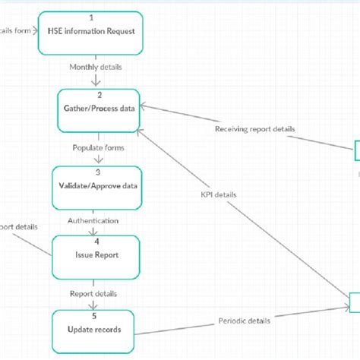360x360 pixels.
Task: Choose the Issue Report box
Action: [96, 256]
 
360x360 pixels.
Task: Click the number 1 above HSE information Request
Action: [90, 16]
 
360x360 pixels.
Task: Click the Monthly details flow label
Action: [96, 67]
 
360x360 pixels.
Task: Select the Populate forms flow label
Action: [98, 147]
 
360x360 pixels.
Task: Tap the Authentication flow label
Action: [94, 220]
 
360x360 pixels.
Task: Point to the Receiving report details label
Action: [255, 128]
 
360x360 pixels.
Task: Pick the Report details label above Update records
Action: [94, 292]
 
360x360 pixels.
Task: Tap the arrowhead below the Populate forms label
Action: [97, 160]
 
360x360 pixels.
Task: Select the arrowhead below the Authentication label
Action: [96, 232]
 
